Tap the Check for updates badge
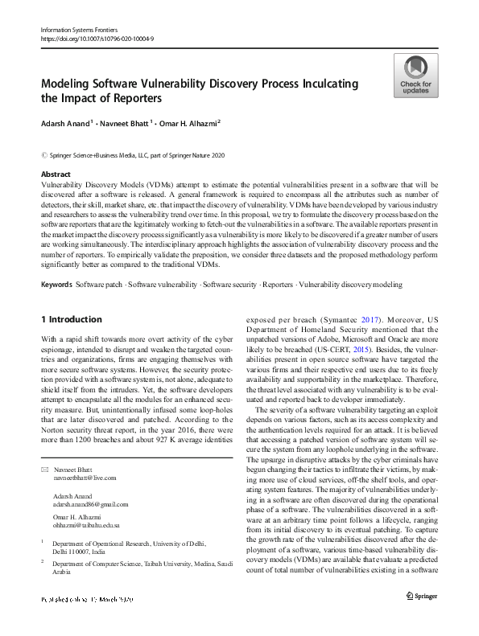(x=415, y=76)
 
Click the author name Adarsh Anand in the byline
(x=68, y=124)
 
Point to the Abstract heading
(x=56, y=174)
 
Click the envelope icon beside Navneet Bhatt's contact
(x=44, y=469)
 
